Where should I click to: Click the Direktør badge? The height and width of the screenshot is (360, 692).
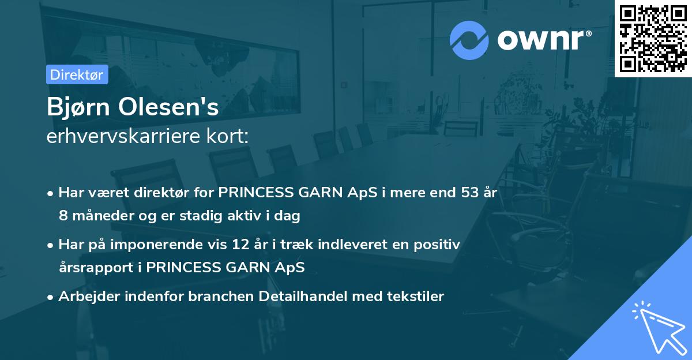tap(77, 74)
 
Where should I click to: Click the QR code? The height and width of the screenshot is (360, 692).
tap(653, 38)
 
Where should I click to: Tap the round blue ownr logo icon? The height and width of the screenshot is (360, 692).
tap(469, 40)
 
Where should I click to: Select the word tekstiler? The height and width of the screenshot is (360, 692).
tap(415, 297)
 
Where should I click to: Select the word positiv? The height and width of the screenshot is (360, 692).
tap(439, 245)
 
